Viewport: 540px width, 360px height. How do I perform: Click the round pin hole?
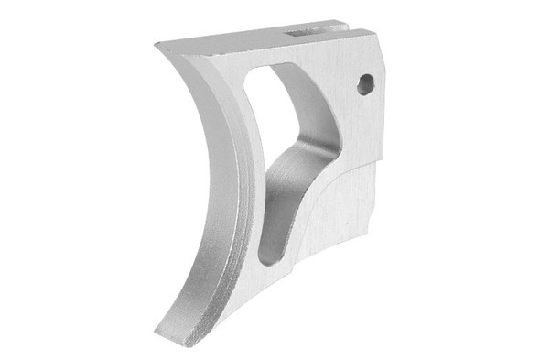coord(365,84)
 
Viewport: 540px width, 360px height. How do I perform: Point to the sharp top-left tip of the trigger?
coord(157,45)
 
